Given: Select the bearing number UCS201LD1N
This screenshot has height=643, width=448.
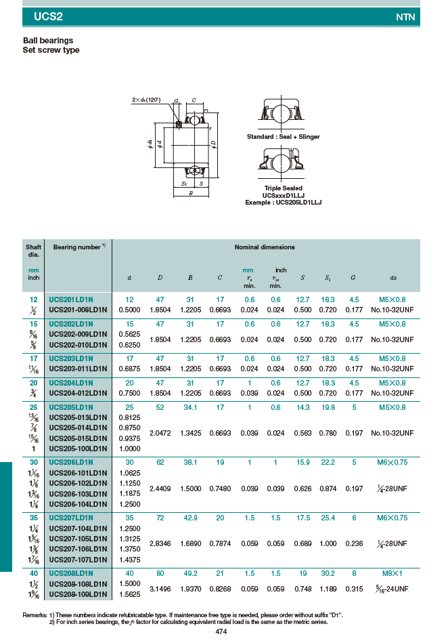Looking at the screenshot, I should pyautogui.click(x=71, y=299).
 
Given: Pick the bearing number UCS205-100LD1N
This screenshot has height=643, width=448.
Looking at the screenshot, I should pyautogui.click(x=78, y=449).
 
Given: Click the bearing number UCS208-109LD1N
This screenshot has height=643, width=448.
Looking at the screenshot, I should pyautogui.click(x=78, y=594).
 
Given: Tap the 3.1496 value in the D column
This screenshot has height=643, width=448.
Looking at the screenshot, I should pyautogui.click(x=160, y=589).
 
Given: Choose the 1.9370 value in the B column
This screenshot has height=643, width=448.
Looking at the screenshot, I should pyautogui.click(x=191, y=589).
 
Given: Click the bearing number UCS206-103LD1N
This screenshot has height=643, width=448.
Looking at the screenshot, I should pyautogui.click(x=78, y=494).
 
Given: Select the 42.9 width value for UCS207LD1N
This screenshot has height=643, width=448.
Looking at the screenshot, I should pyautogui.click(x=191, y=518).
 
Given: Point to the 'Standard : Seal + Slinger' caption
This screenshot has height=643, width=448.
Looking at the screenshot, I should pyautogui.click(x=283, y=137).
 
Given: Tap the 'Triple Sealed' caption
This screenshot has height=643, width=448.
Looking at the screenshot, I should pyautogui.click(x=283, y=188).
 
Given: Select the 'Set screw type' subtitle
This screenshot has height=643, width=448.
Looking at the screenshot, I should pyautogui.click(x=51, y=50).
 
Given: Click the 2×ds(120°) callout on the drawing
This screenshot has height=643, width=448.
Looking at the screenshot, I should pyautogui.click(x=146, y=100).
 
